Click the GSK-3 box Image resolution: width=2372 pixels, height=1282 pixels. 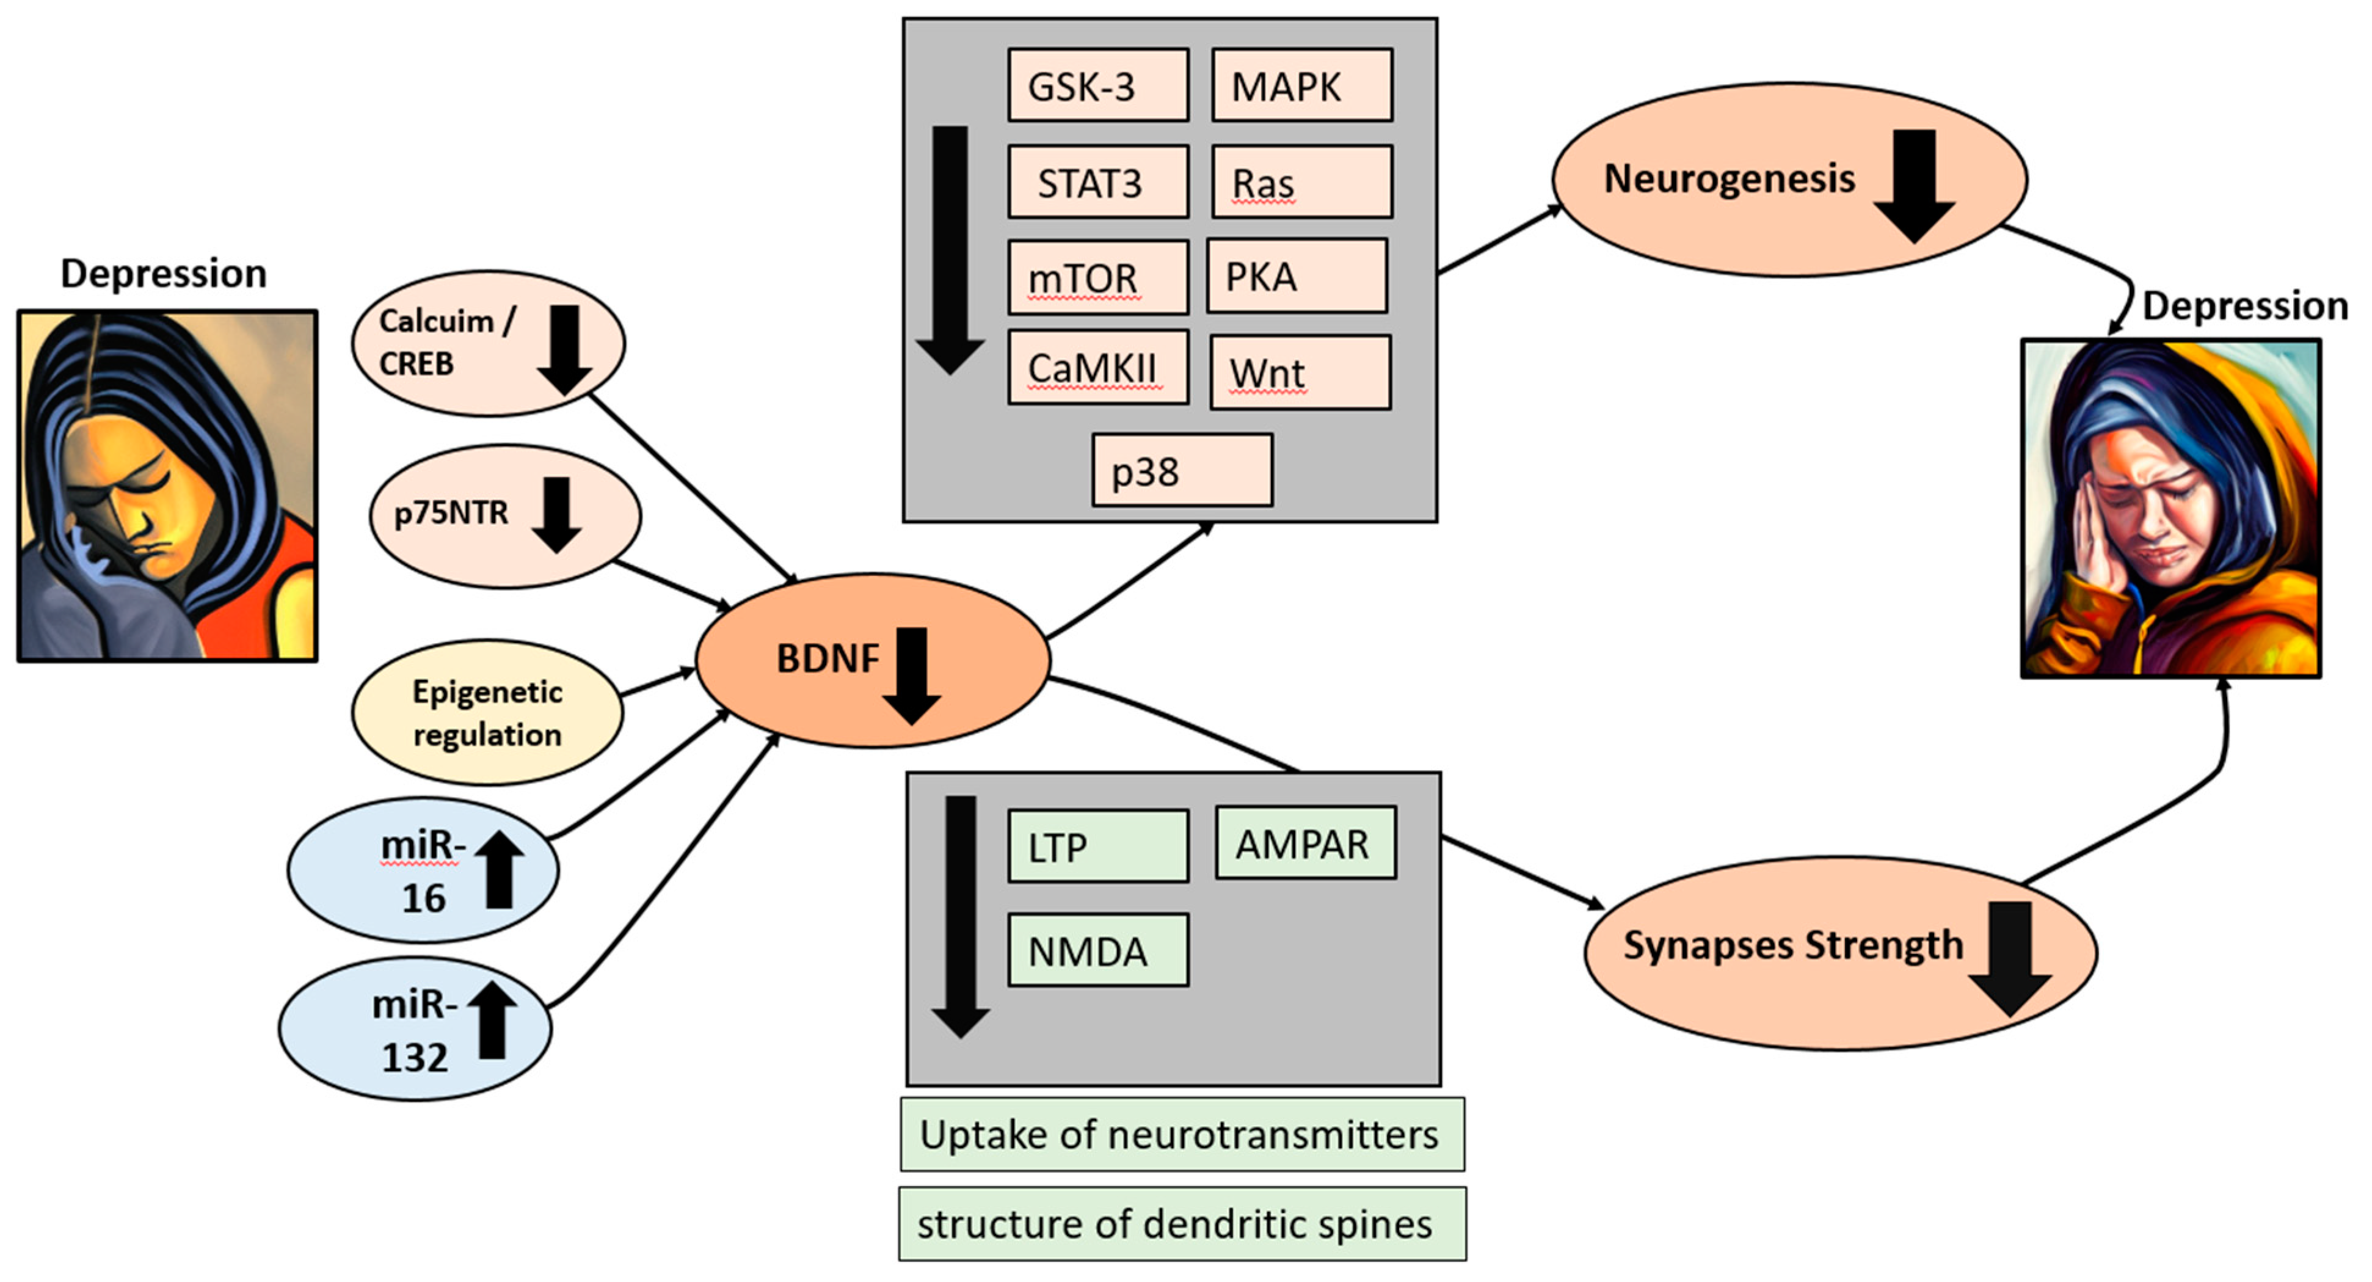point(1097,86)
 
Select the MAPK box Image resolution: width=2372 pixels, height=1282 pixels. point(1301,86)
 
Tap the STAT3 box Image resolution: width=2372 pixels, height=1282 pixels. point(1097,183)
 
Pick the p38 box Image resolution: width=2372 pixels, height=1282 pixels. point(1182,471)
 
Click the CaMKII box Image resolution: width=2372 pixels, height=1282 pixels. point(1097,368)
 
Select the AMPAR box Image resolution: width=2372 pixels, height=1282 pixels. point(1305,843)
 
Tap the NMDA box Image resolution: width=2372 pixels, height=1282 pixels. point(1097,950)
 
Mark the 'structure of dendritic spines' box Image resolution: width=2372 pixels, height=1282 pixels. point(1181,1224)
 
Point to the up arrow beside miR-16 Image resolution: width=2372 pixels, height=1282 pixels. point(499,869)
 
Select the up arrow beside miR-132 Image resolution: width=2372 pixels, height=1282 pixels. point(493,1019)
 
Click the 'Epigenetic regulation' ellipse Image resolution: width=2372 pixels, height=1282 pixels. point(487,713)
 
